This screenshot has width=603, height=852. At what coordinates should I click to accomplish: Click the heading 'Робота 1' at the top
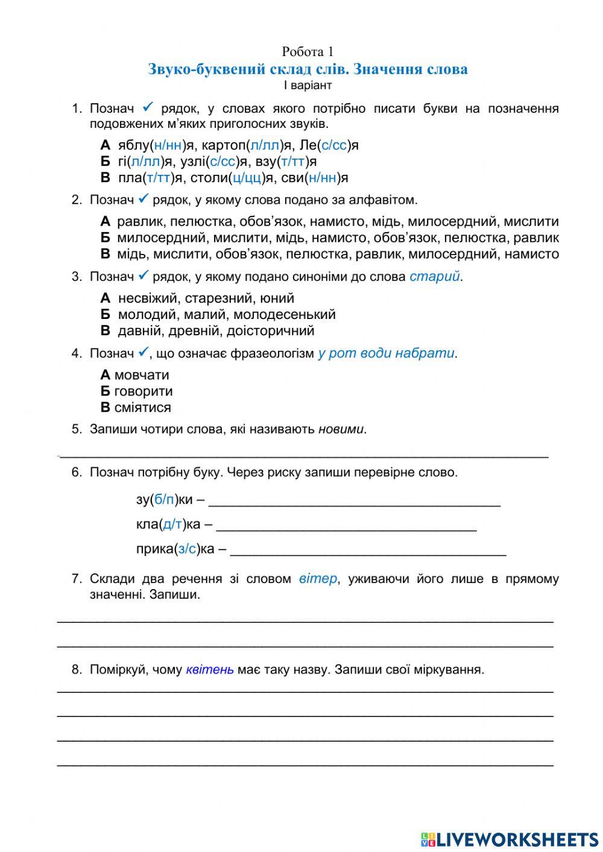click(x=308, y=52)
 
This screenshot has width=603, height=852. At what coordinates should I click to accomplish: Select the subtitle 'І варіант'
click(x=308, y=85)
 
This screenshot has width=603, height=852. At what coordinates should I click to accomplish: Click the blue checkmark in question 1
click(x=148, y=107)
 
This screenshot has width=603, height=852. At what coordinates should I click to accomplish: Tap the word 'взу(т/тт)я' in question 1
click(x=295, y=162)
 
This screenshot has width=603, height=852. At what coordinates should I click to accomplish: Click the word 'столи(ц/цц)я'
click(x=240, y=178)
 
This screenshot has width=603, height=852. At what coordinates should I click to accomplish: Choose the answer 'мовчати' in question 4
click(x=142, y=375)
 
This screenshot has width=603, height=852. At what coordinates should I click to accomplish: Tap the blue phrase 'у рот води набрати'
click(x=386, y=353)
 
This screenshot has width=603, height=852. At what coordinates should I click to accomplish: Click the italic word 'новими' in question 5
click(x=341, y=429)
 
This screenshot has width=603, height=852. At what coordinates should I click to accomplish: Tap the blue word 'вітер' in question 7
click(x=318, y=579)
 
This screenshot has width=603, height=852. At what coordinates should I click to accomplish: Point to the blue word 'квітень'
click(x=210, y=669)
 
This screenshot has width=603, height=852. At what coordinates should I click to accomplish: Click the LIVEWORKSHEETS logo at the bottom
click(x=510, y=839)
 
